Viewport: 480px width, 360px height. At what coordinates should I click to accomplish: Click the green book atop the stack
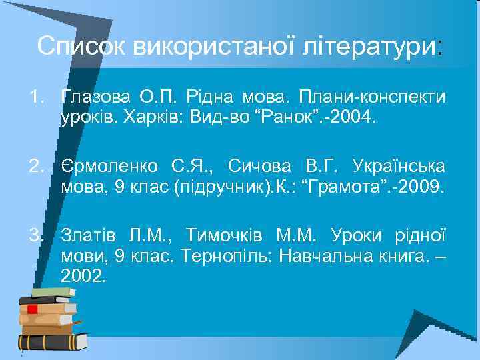(x=53, y=292)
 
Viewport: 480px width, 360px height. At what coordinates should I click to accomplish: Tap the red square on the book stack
(x=31, y=309)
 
